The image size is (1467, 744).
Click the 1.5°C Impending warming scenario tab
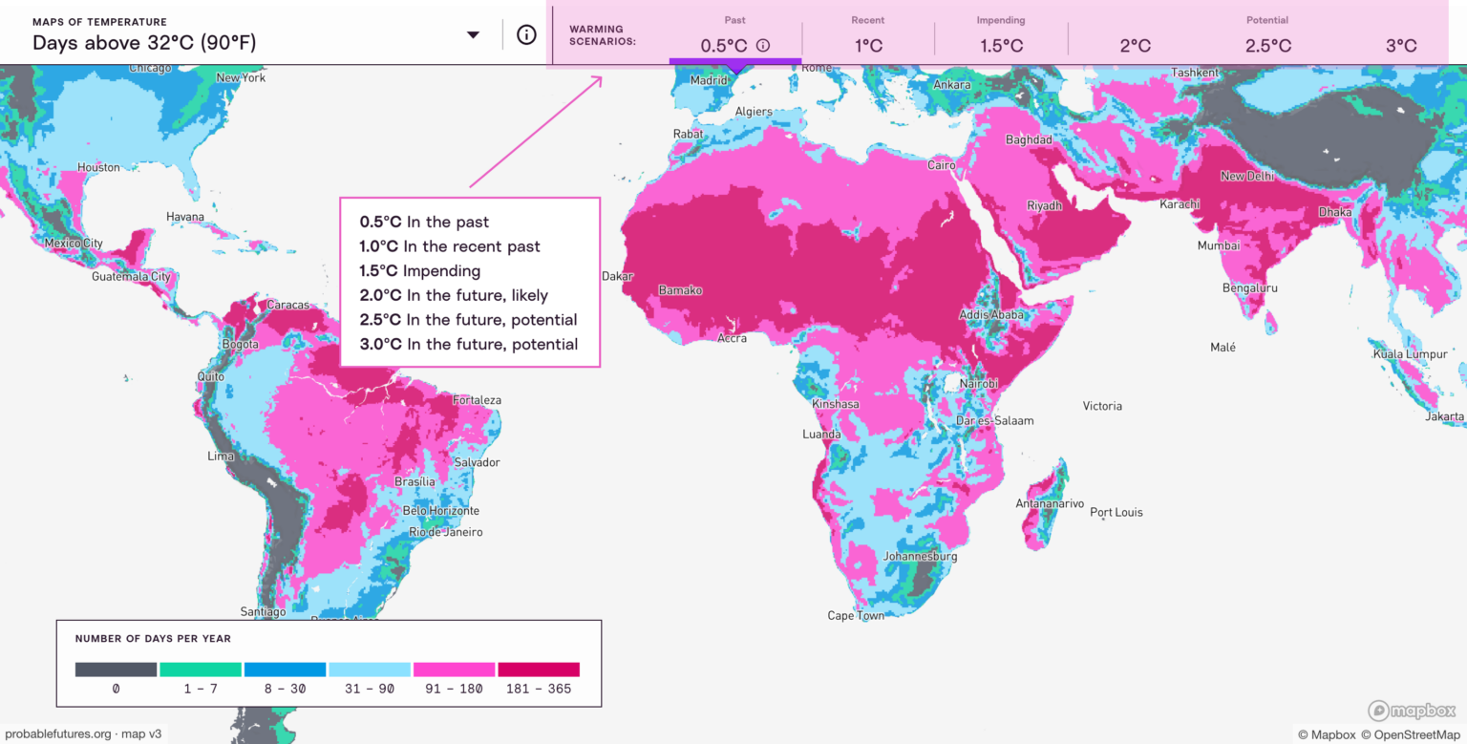[x=1001, y=45]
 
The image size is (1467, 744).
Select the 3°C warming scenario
[x=1401, y=45]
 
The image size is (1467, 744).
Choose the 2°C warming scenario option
[x=1135, y=45]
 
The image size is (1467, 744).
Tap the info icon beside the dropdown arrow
[x=526, y=34]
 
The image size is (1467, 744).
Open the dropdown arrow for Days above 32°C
[x=473, y=35]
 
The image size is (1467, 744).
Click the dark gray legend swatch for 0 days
[x=116, y=670]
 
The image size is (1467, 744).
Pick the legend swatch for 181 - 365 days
[x=538, y=670]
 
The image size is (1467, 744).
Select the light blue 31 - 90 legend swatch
[x=369, y=670]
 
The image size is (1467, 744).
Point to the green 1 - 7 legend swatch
[x=200, y=670]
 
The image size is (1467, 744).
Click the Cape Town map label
[x=856, y=616]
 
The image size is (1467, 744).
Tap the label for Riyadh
[x=1044, y=205]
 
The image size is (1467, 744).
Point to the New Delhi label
[x=1246, y=176]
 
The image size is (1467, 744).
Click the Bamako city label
[x=680, y=289]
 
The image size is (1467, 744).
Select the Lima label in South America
[x=221, y=456]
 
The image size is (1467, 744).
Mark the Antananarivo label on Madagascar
[x=1050, y=503]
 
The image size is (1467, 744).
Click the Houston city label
[x=98, y=167]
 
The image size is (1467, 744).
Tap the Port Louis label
[x=1116, y=512]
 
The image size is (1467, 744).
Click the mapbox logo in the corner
[x=1412, y=711]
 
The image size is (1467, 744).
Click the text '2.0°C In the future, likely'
[x=454, y=295]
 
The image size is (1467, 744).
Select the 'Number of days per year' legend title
[x=153, y=638]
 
